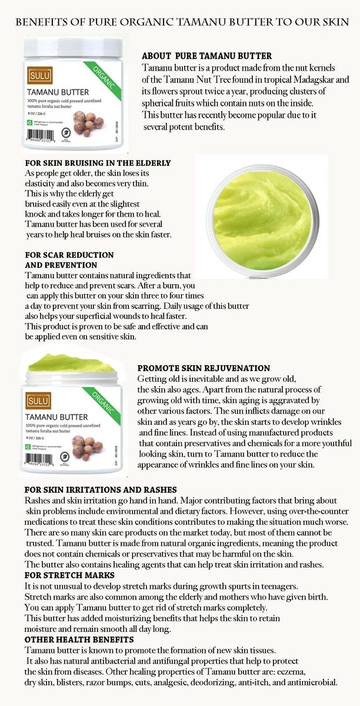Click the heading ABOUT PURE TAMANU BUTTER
pyautogui.click(x=206, y=56)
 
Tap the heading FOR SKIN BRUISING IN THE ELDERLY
pyautogui.click(x=98, y=163)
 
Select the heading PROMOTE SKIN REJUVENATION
pyautogui.click(x=204, y=368)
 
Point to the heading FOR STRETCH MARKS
pyautogui.click(x=69, y=575)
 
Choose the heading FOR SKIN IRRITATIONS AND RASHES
pyautogui.click(x=101, y=489)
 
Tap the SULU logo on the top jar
pyautogui.click(x=37, y=75)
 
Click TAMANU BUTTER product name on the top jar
pyautogui.click(x=58, y=92)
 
